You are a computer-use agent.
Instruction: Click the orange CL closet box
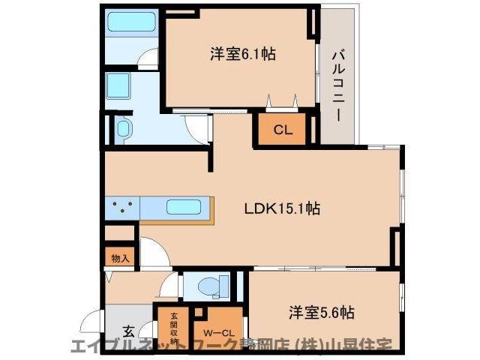click(x=282, y=129)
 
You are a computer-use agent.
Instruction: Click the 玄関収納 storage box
click(x=173, y=328)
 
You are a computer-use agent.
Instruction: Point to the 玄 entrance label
click(x=128, y=331)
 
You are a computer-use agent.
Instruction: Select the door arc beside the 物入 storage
click(x=150, y=253)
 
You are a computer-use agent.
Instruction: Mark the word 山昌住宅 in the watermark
click(x=367, y=346)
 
